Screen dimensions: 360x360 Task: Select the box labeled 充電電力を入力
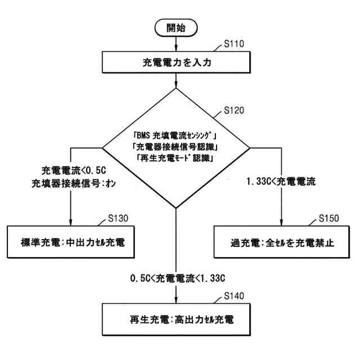[175, 62]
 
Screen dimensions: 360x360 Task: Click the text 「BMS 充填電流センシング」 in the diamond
[176, 136]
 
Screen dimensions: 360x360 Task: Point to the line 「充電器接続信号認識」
[176, 147]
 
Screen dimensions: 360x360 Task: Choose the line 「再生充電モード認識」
[176, 158]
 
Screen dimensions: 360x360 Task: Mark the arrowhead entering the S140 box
[176, 300]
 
